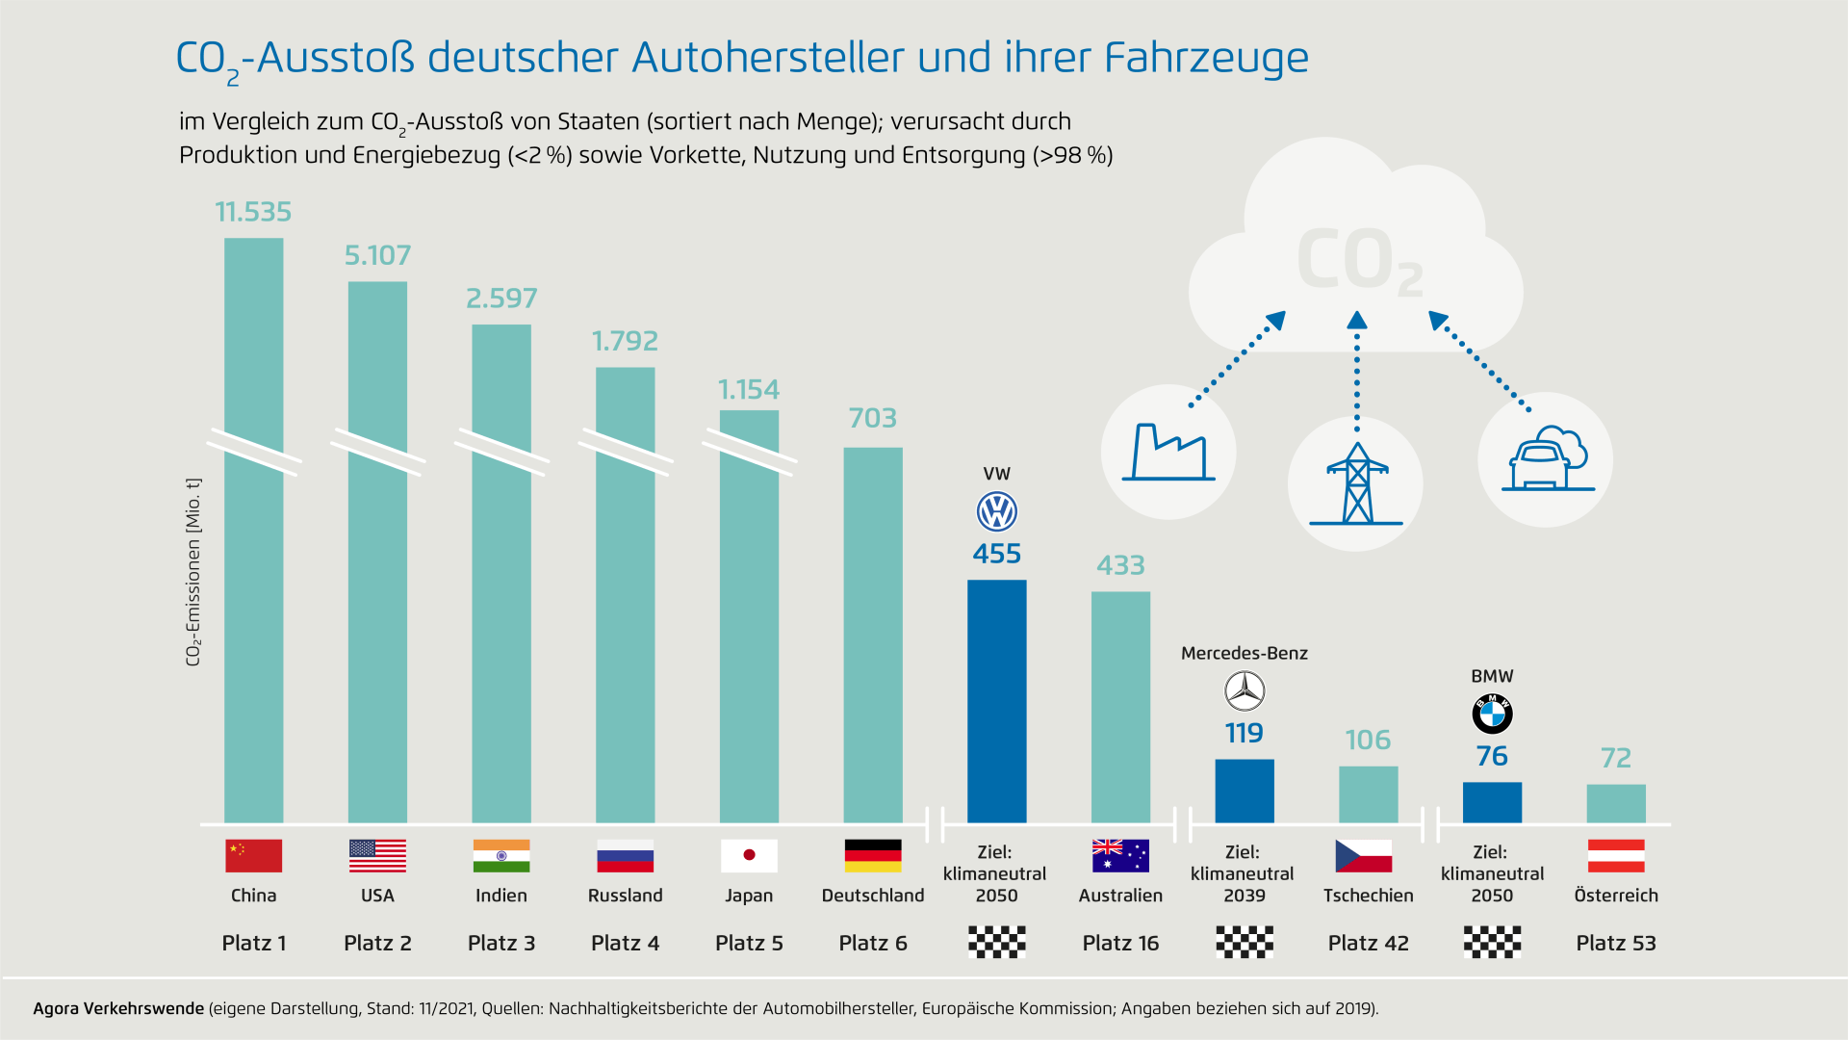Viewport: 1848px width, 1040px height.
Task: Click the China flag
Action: (253, 855)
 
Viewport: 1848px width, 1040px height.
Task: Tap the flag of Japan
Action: (749, 855)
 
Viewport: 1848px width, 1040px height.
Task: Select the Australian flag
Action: (1120, 855)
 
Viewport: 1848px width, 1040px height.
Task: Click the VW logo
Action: (996, 512)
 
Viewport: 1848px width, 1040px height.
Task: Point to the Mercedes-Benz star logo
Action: (1244, 691)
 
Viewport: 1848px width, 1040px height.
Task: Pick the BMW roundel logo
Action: (1492, 715)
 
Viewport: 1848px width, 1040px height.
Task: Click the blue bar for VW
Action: (996, 701)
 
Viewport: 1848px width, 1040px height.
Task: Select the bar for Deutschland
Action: (873, 636)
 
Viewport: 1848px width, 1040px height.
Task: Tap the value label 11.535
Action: (253, 212)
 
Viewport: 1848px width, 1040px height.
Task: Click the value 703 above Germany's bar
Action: (873, 418)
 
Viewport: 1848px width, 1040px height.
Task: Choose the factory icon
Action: (1168, 452)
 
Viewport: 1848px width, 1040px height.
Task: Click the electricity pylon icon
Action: (1356, 483)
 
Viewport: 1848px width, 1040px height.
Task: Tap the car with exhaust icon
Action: (1546, 459)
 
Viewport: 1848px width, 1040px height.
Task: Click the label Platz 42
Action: (1368, 944)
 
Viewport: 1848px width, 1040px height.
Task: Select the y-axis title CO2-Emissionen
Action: (193, 572)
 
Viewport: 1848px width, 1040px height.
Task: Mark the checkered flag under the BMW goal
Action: (1492, 942)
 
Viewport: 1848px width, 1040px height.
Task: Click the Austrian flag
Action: (1616, 855)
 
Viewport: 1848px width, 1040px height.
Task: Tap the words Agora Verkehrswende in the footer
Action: (118, 1008)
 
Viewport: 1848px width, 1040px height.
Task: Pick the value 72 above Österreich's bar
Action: (1616, 758)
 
